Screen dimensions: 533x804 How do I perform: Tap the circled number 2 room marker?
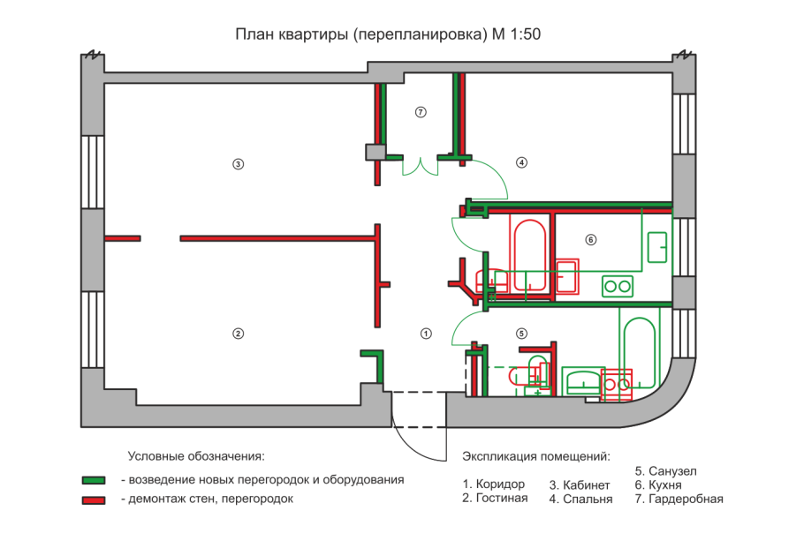pyautogui.click(x=238, y=334)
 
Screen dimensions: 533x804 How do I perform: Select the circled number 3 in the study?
pyautogui.click(x=238, y=163)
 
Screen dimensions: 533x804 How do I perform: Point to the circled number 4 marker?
pyautogui.click(x=521, y=162)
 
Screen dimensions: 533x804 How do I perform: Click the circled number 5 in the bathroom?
pyautogui.click(x=521, y=334)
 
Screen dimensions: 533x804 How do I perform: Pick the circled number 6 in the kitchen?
pyautogui.click(x=591, y=239)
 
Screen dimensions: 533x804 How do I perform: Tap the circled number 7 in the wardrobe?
pyautogui.click(x=421, y=112)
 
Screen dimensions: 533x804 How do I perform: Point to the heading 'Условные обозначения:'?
pyautogui.click(x=196, y=457)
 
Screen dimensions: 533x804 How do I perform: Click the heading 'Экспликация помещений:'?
pyautogui.click(x=536, y=457)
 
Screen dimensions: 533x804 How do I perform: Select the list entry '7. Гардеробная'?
pyautogui.click(x=679, y=499)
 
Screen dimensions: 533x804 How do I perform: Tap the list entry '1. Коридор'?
pyautogui.click(x=493, y=484)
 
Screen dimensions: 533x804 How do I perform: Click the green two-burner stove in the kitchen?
pyautogui.click(x=618, y=285)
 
